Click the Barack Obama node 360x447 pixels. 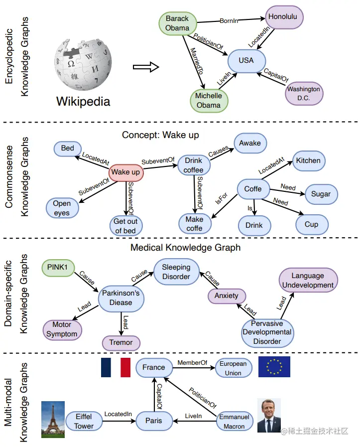pyautogui.click(x=177, y=23)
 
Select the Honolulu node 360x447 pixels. pyautogui.click(x=282, y=17)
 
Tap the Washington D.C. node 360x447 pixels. pyautogui.click(x=303, y=94)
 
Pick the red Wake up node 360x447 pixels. pyautogui.click(x=125, y=172)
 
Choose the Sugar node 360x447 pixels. pyautogui.click(x=321, y=194)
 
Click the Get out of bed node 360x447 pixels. pyautogui.click(x=125, y=226)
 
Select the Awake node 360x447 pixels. pyautogui.click(x=249, y=143)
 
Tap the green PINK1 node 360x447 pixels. pyautogui.click(x=58, y=268)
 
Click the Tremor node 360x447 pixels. pyautogui.click(x=121, y=342)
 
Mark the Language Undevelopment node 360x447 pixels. pyautogui.click(x=308, y=281)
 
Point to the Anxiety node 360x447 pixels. pyautogui.click(x=227, y=296)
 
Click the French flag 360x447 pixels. pyautogui.click(x=115, y=367)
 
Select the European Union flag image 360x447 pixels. pyautogui.click(x=274, y=367)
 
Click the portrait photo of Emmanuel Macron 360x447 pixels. pyautogui.click(x=269, y=415)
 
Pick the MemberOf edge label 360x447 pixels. pyautogui.click(x=192, y=363)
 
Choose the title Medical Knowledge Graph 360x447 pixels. pyautogui.click(x=185, y=248)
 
